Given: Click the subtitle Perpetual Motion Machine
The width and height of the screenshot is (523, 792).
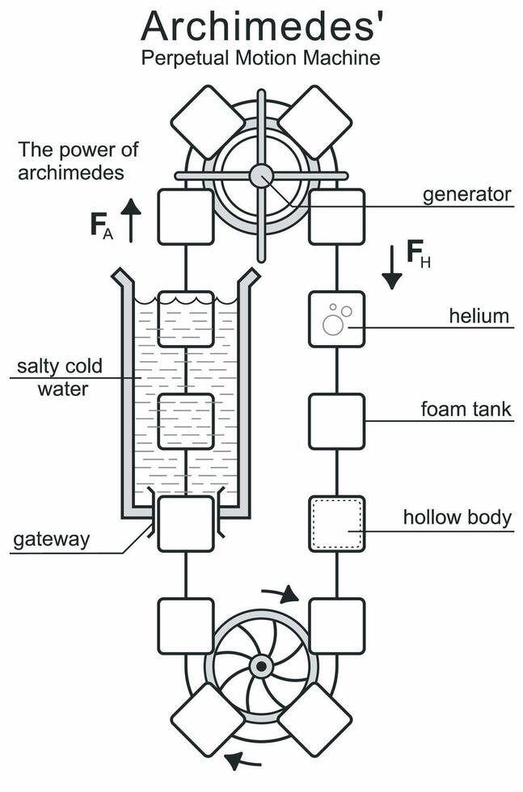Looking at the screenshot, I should click(x=260, y=58).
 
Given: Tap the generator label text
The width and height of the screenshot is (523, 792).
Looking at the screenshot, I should click(x=467, y=194).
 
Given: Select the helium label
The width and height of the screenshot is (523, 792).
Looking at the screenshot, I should click(x=480, y=315).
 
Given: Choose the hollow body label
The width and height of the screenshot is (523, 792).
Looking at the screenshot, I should click(x=458, y=517).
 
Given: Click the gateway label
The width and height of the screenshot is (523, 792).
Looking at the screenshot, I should click(x=51, y=539).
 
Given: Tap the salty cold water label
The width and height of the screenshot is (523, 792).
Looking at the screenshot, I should click(x=61, y=377).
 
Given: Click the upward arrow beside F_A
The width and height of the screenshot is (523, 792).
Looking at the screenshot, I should click(x=131, y=220).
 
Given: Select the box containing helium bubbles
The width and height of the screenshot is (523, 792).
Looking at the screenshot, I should click(x=337, y=319).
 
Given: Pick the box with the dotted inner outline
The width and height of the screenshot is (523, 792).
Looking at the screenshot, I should click(x=337, y=524).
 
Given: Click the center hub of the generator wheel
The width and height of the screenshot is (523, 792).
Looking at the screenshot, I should click(x=261, y=175).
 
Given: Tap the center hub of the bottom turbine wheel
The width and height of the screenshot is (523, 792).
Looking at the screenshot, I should click(x=261, y=667).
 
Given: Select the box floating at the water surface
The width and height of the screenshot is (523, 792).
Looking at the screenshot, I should click(x=186, y=319).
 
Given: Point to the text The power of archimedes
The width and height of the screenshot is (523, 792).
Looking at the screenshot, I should click(x=78, y=161).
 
